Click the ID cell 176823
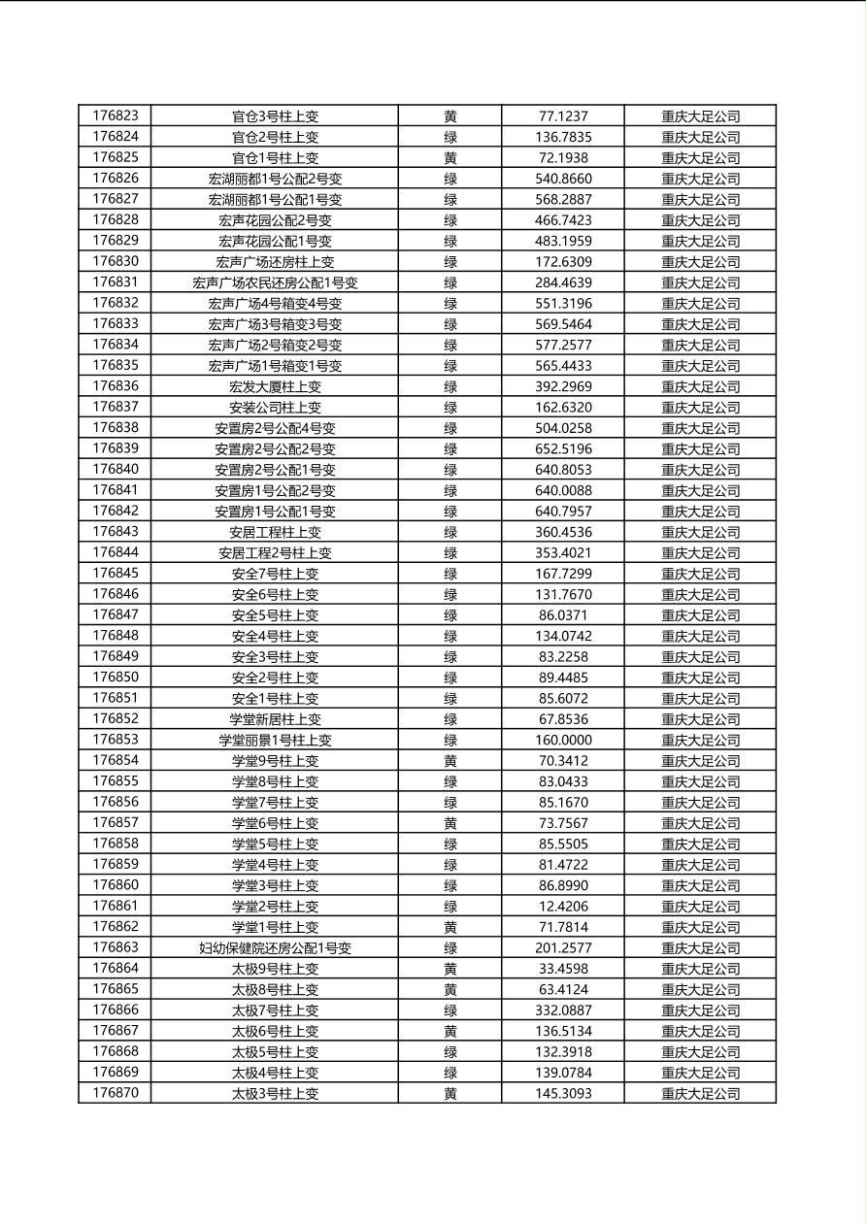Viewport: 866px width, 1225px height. tap(116, 116)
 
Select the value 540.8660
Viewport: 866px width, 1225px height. tap(563, 179)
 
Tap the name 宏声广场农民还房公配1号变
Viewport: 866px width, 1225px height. tap(275, 282)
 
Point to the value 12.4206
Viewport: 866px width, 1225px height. tap(563, 907)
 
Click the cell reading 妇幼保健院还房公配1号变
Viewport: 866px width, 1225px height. tap(275, 948)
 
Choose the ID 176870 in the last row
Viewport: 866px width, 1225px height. tap(116, 1093)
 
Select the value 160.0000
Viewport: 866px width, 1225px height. tap(563, 740)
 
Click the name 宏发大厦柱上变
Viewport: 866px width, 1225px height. tap(275, 386)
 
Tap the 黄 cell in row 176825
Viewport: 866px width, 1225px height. tap(450, 157)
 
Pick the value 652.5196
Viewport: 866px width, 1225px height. tap(563, 448)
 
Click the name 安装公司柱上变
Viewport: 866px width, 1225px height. tap(275, 408)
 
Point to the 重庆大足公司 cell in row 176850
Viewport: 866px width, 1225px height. tap(701, 678)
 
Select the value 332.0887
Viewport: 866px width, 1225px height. tap(563, 1010)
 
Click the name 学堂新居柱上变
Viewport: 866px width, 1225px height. tap(275, 719)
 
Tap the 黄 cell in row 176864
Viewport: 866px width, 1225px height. tap(450, 969)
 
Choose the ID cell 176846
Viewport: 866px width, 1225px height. tap(116, 594)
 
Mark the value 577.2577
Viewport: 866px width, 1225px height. tap(563, 345)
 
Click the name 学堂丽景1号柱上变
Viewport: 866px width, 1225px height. tap(275, 740)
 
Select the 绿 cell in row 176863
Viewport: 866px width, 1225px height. tap(450, 948)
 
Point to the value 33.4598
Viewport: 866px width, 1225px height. tap(563, 969)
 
